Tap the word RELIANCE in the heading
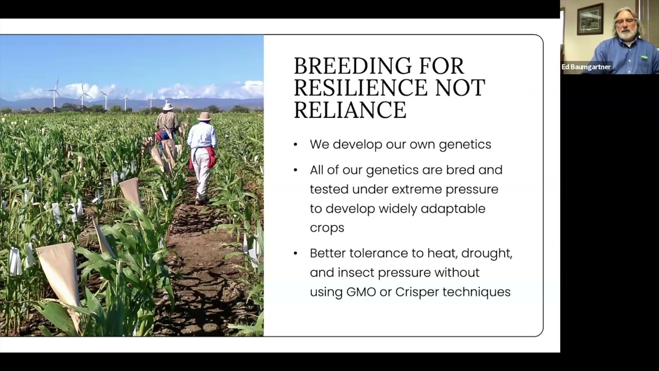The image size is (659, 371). (x=350, y=110)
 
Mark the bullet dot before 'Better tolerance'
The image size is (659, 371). (x=296, y=253)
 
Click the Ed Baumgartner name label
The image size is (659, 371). (x=586, y=67)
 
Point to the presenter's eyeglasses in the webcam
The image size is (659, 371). (x=625, y=22)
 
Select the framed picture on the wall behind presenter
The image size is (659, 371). (x=590, y=19)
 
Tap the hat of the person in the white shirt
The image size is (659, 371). (x=204, y=116)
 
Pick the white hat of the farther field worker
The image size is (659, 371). (x=168, y=106)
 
